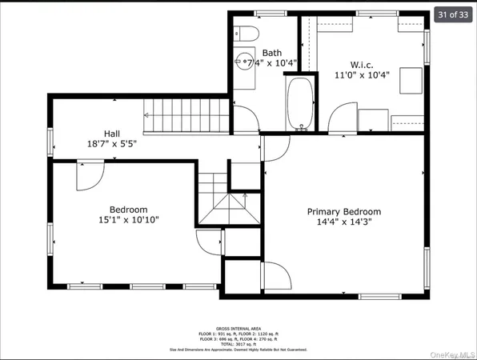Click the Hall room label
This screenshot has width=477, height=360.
tap(113, 134)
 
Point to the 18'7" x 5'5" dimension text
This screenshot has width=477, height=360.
tap(113, 145)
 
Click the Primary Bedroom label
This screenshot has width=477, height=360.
tap(344, 212)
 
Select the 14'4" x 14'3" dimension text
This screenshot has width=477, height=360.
tap(344, 223)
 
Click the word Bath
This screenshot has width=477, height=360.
tap(271, 50)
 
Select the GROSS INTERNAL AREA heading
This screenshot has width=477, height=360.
tap(238, 329)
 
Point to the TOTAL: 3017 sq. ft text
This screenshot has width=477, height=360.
tap(238, 344)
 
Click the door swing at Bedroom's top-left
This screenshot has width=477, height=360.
tap(89, 175)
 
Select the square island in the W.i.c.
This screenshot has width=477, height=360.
tap(411, 80)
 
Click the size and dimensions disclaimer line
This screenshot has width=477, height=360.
tap(238, 350)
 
